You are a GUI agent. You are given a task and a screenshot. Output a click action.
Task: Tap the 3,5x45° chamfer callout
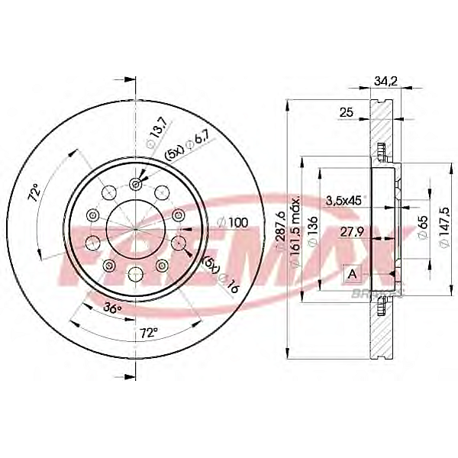pyautogui.click(x=342, y=201)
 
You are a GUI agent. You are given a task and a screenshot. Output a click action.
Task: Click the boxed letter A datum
pyautogui.click(x=353, y=273)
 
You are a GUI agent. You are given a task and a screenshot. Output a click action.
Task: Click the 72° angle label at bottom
pyautogui.click(x=149, y=332)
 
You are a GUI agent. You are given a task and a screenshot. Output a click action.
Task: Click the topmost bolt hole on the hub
pyautogui.click(x=136, y=182)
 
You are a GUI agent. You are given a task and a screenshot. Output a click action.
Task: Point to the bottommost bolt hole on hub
pyautogui.click(x=136, y=273)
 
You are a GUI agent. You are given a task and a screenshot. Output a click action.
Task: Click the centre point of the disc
pyautogui.click(x=136, y=227)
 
